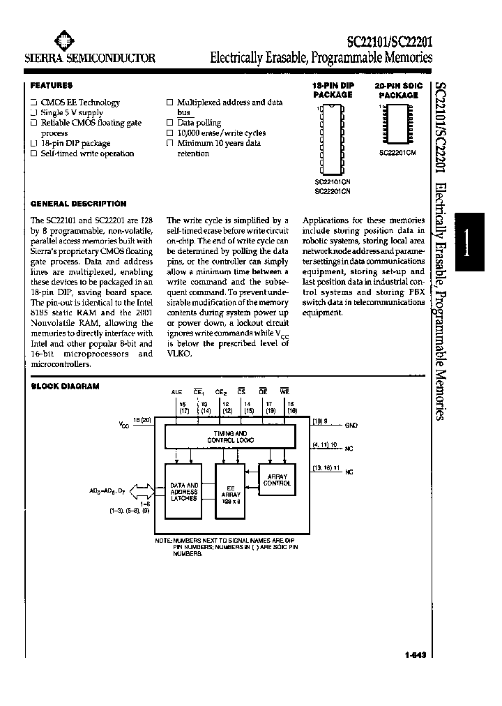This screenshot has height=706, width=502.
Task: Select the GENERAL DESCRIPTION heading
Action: pos(79,204)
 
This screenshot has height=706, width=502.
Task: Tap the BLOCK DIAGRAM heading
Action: pos(65,386)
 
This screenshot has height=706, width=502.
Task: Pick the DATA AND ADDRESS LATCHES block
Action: pos(184,491)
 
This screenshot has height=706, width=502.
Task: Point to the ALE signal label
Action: pos(176,393)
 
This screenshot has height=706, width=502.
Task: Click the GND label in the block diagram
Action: pos(351,425)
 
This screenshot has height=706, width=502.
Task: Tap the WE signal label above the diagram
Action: pos(284,393)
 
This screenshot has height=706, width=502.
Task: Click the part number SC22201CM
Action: pos(397,153)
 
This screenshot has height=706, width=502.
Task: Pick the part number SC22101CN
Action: pos(332,182)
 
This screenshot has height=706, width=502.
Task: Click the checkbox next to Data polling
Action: pos(169,122)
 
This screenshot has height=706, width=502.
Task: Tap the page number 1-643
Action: pos(414,654)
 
